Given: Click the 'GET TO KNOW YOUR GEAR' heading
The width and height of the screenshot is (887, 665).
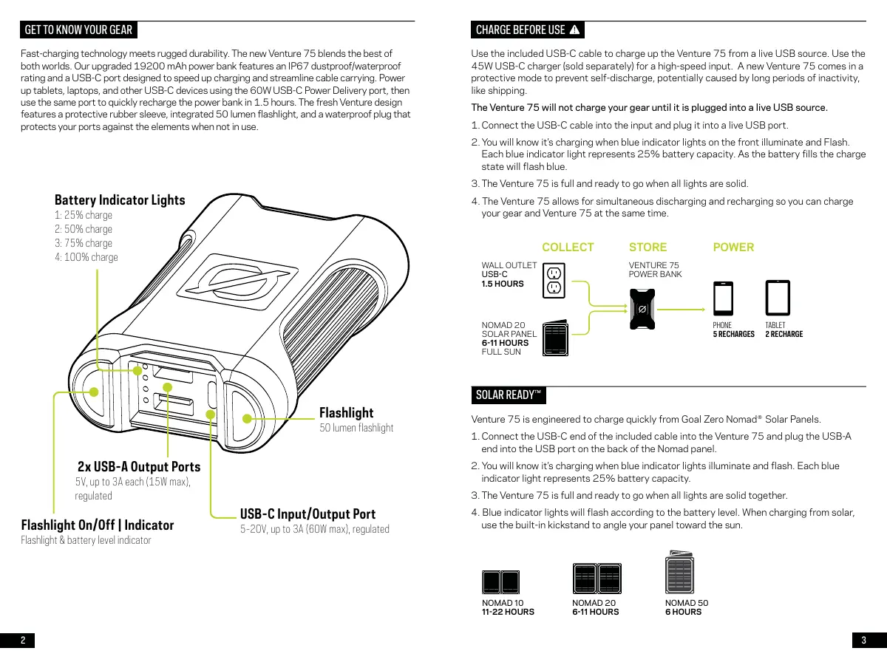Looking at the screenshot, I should pos(78,30).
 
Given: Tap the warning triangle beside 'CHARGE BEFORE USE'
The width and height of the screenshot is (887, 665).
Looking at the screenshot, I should pos(575,30).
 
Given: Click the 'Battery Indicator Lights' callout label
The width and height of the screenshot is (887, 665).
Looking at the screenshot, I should pos(120,200).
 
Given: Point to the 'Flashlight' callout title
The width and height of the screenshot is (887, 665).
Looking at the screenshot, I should pos(346,412).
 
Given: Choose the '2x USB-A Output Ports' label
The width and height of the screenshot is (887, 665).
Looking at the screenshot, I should pos(139,466).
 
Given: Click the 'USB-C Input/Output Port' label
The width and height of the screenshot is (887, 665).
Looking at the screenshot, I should pos(307,514).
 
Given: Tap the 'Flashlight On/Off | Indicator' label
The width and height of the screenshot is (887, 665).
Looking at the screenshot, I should pos(98,525).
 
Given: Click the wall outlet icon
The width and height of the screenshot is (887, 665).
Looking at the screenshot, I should pos(554,280).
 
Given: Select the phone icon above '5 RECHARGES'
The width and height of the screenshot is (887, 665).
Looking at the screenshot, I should pos(723,299).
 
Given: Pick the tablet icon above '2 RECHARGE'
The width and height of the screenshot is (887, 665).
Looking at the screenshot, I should pos(777,299).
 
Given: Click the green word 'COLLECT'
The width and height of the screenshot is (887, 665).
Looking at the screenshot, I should pos(568,247).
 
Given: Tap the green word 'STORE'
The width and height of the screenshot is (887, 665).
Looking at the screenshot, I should pos(648,247).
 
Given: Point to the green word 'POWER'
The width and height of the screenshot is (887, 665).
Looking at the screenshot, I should pos(733,247).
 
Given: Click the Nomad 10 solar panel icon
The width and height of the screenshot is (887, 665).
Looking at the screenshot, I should pos(500,582).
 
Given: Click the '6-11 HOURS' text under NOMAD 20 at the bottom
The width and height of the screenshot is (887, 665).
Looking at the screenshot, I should pos(596,612).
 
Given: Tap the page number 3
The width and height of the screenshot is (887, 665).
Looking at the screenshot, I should pos(863,641).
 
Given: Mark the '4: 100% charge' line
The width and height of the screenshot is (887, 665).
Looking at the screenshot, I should pos(86,257).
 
